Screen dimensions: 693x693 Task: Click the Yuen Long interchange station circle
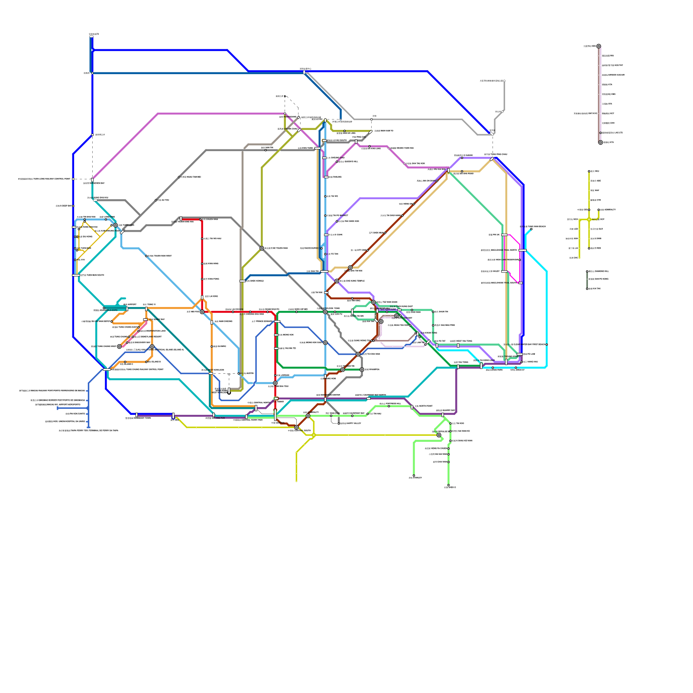(116, 225)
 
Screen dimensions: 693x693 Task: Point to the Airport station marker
(126, 309)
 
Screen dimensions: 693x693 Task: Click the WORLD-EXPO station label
(110, 310)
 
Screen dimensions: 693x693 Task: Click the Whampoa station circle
(362, 370)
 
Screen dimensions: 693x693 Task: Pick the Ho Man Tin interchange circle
(343, 370)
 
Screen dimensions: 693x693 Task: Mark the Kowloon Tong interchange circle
(325, 312)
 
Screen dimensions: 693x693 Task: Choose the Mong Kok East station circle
(325, 343)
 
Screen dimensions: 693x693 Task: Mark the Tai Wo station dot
(325, 197)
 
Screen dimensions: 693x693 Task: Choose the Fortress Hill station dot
(389, 406)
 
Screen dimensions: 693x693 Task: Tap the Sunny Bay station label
(157, 319)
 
